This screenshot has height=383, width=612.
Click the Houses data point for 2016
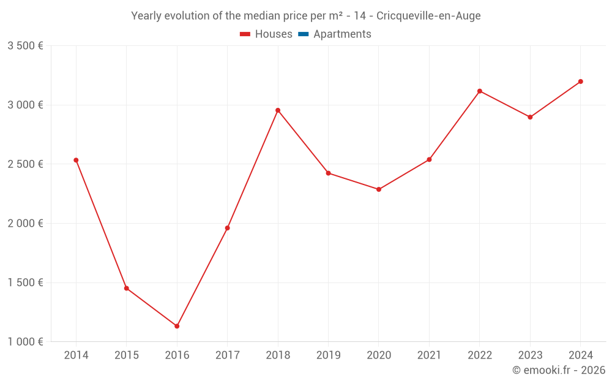[177, 326]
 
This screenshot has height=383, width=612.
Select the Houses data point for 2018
[278, 110]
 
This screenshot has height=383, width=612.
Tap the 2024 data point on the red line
[581, 82]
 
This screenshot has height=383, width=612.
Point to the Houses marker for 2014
[76, 160]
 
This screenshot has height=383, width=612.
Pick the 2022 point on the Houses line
[480, 91]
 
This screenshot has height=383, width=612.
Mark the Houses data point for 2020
[379, 189]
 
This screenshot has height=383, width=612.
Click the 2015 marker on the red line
[127, 288]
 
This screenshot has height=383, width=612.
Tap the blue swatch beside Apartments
[304, 34]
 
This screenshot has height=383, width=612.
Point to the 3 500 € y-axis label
[25, 46]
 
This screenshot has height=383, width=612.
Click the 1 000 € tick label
[25, 342]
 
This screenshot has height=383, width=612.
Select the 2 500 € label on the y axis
[25, 164]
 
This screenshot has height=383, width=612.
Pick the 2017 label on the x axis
[228, 355]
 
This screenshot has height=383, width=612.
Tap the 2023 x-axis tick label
[530, 355]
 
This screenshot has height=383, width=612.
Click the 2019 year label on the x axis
[328, 355]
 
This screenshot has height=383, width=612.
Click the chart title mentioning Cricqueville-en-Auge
[306, 16]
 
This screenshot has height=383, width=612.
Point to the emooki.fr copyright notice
[558, 370]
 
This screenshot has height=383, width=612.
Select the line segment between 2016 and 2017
[202, 277]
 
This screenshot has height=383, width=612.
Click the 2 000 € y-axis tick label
[25, 224]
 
